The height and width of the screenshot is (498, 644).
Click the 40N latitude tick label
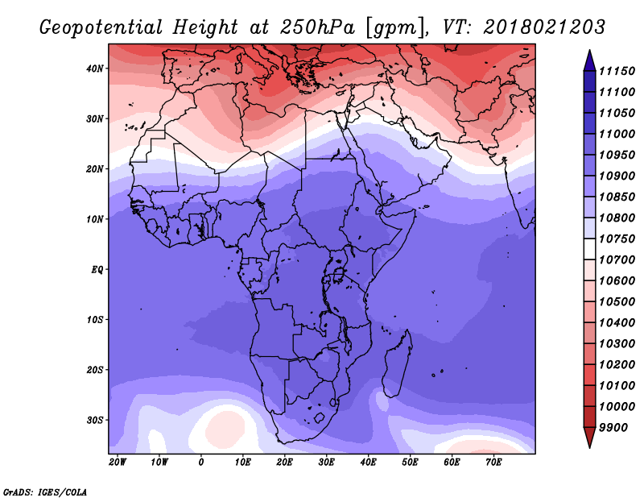[x=95, y=68]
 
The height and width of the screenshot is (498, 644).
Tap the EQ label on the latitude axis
[x=97, y=270]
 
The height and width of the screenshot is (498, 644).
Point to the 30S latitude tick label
[x=95, y=421]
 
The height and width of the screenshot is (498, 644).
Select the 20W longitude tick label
[x=118, y=463]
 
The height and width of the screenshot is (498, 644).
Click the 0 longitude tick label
[x=200, y=463]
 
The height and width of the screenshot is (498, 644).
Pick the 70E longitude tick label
[x=493, y=463]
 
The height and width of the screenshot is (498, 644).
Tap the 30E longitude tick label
[x=327, y=463]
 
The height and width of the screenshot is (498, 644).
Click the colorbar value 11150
[x=617, y=71]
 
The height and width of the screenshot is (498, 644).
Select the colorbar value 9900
[x=613, y=428]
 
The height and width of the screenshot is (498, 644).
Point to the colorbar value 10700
[x=617, y=260]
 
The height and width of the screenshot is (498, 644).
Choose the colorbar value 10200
[x=617, y=365]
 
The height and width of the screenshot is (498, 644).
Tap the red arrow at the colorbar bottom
[x=590, y=437]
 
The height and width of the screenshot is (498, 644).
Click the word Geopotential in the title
[x=101, y=27]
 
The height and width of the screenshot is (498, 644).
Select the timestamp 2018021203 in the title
[x=544, y=27]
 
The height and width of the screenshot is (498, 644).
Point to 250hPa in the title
[x=317, y=27]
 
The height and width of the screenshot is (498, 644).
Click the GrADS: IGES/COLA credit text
[x=45, y=492]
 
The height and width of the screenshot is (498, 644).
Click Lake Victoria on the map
[x=339, y=273]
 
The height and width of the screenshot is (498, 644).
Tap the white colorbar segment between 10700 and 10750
[x=590, y=249]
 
